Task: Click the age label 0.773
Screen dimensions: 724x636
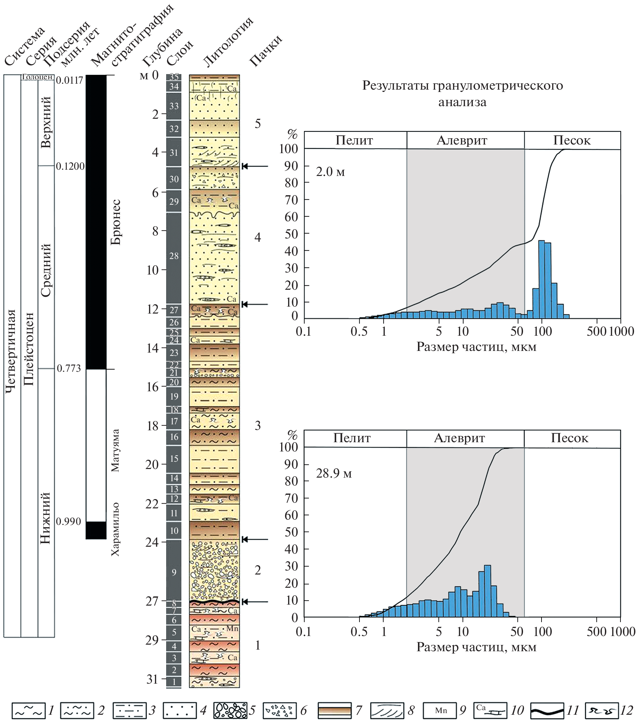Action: (x=69, y=368)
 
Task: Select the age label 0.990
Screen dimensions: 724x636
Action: (x=69, y=521)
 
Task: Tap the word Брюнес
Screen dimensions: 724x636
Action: (x=116, y=222)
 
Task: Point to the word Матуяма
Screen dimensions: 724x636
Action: (x=115, y=450)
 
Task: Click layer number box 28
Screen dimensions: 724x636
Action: (x=174, y=256)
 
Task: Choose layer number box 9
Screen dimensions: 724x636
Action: (x=174, y=572)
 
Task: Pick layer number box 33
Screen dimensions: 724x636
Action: (x=174, y=106)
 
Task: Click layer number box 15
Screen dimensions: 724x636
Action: (x=174, y=458)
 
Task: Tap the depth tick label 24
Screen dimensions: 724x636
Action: (x=152, y=542)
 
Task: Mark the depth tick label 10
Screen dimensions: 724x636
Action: (x=153, y=270)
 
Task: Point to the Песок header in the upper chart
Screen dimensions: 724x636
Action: (x=572, y=140)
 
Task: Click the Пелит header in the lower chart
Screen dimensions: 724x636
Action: (x=352, y=438)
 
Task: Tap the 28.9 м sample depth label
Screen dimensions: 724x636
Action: (x=334, y=473)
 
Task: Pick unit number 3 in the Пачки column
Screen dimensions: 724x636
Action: (x=258, y=425)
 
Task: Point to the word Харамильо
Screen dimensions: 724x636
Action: (x=115, y=529)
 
